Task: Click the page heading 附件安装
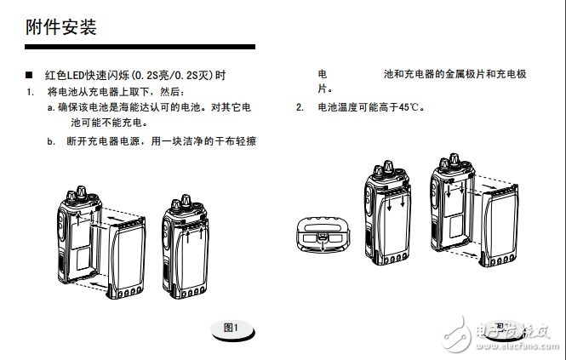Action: click(x=61, y=26)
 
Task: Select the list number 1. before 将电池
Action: click(x=30, y=91)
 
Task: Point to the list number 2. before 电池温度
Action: click(x=300, y=107)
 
